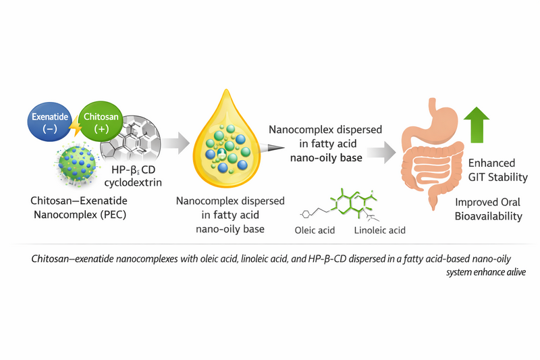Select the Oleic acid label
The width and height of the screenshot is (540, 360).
tap(314, 230)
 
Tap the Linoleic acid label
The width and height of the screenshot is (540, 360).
tap(379, 230)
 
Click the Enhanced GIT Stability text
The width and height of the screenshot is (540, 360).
tap(491, 170)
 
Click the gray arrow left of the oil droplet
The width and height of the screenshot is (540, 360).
tap(173, 143)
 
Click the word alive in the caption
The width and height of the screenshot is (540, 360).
tap(516, 272)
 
